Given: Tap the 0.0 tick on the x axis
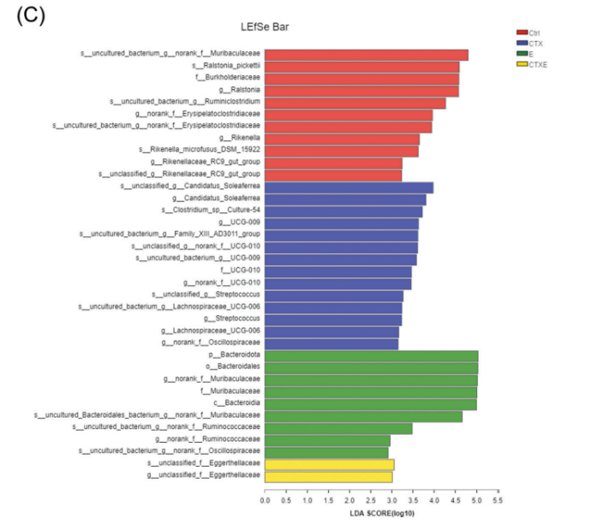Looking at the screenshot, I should [266, 499].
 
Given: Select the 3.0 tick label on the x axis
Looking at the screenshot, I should [391, 499].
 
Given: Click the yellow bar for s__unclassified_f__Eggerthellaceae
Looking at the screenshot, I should [330, 464].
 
